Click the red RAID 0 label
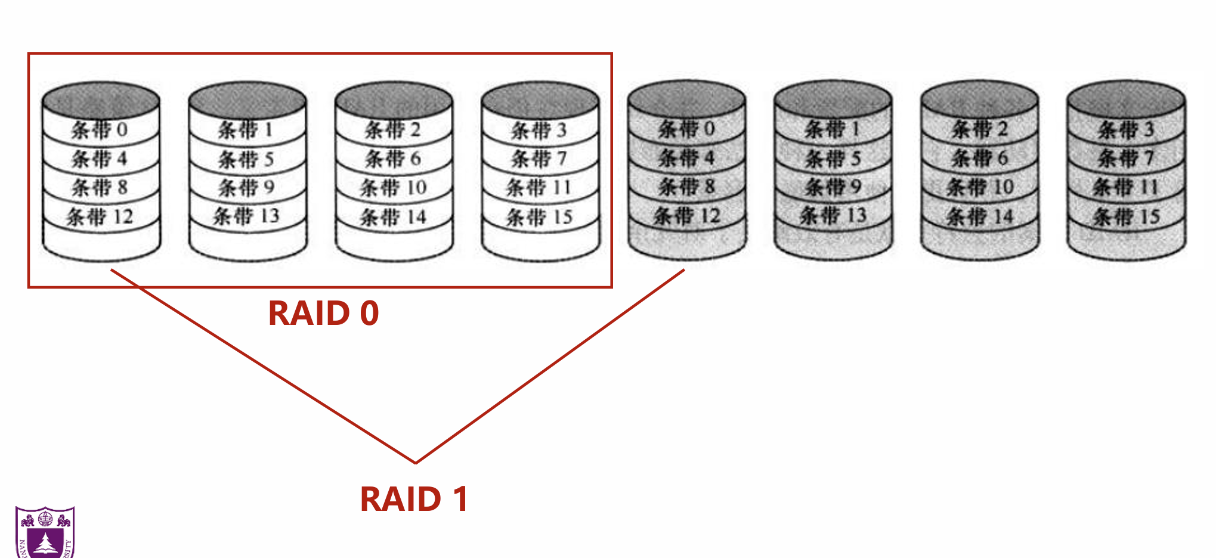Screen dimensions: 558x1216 coord(323,313)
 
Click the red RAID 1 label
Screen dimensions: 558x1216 coord(414,499)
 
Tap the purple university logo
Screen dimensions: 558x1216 coord(45,532)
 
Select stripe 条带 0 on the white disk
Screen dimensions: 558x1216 coord(100,129)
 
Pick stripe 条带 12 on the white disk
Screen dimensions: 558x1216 coord(100,216)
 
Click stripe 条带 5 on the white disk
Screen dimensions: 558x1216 coord(246,159)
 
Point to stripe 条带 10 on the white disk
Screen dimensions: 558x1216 coord(393,188)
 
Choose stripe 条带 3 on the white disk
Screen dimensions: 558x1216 coord(539,130)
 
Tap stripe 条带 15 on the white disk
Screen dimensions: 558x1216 coord(539,217)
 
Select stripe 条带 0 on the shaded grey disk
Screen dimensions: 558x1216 coord(686,129)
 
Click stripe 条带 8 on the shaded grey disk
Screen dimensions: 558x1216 coord(686,187)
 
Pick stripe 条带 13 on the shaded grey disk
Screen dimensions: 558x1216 coord(833,215)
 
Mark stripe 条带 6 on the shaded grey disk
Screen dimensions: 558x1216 coord(979,158)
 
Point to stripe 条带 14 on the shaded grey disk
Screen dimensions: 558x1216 coord(979,216)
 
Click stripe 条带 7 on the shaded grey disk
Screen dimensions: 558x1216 coord(1126,158)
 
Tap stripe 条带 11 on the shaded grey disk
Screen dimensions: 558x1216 coord(1126,187)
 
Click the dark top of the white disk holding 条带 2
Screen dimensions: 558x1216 coord(393,100)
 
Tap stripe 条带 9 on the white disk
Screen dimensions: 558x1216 coord(246,188)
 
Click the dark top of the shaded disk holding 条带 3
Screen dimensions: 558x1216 coord(1126,98)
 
